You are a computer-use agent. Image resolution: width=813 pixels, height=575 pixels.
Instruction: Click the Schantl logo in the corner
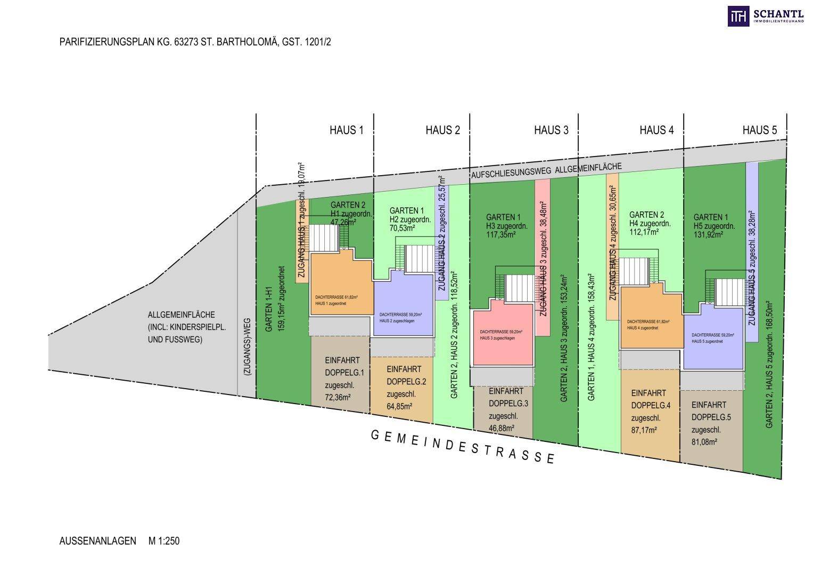coord(766,17)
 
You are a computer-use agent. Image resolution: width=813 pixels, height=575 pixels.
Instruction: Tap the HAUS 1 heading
coord(347,130)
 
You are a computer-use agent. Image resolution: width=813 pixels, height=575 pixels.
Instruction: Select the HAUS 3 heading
coord(551,130)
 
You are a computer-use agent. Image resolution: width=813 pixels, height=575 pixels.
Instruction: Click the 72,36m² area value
coord(338,397)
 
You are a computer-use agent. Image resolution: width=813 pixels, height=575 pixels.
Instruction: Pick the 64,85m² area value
coord(399,407)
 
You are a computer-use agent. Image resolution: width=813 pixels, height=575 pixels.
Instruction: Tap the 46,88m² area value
coord(502,428)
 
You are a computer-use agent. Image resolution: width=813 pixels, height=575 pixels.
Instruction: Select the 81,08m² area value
coord(704,441)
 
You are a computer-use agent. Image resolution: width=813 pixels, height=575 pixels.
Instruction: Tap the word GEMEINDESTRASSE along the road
coord(463,446)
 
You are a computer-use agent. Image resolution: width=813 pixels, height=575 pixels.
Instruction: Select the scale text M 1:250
coord(165,541)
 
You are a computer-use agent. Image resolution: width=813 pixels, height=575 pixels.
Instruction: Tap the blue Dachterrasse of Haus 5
coord(713,339)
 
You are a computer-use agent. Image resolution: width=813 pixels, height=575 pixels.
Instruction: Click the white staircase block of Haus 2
coord(420,258)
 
